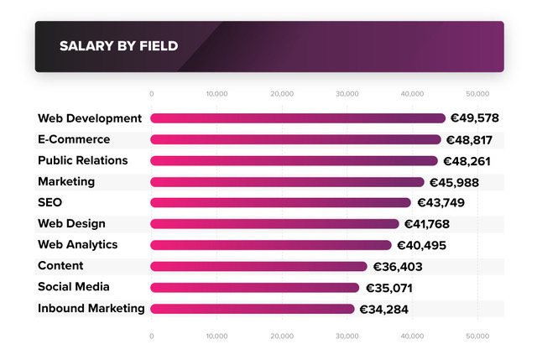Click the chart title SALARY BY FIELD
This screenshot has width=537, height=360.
pos(118,46)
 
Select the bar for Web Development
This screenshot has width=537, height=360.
pos(298,118)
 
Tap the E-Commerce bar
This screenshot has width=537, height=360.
pos(295,139)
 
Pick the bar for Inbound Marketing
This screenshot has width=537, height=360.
pos(252,309)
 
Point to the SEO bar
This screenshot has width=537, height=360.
pos(280,202)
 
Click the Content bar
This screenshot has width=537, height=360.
pos(258,266)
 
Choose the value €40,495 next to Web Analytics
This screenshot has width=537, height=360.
pos(420,246)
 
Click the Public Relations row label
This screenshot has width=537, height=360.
pos(83,160)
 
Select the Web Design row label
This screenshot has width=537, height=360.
pos(71,223)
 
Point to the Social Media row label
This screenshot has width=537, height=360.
pos(74,287)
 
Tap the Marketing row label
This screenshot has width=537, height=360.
pos(66,181)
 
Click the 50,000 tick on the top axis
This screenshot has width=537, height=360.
pos(477,93)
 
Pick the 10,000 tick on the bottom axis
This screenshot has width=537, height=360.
pos(216,336)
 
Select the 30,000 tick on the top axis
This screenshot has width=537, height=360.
pos(347,93)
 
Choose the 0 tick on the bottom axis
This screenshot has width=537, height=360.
pos(152,336)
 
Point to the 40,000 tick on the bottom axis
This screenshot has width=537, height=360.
pos(412,336)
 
